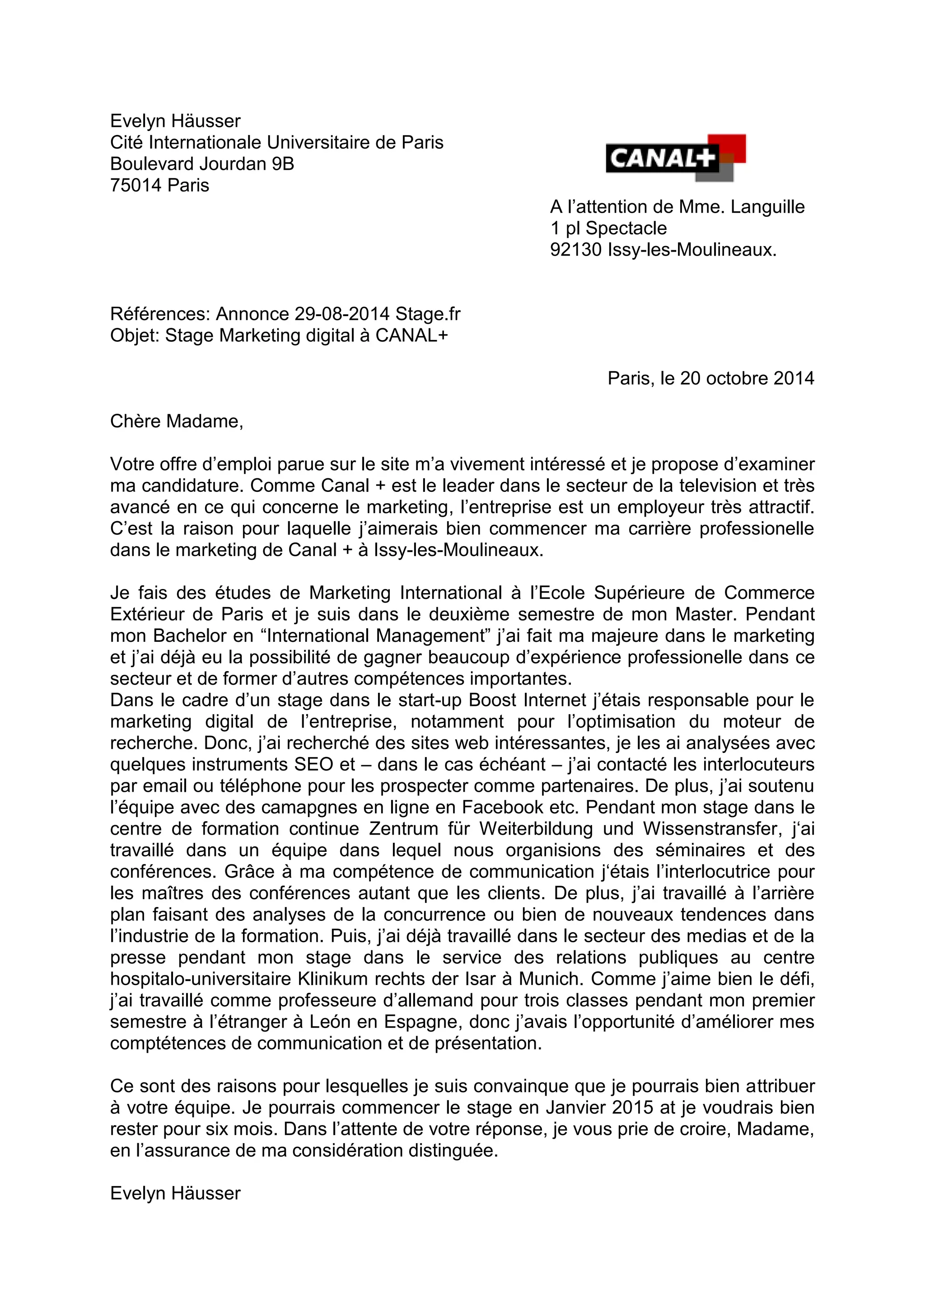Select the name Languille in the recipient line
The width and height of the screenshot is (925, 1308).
pos(767,207)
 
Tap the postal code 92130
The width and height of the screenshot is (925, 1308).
pos(575,249)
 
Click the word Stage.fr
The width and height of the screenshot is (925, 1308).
pos(428,314)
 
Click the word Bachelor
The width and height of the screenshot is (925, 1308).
pos(182,636)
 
